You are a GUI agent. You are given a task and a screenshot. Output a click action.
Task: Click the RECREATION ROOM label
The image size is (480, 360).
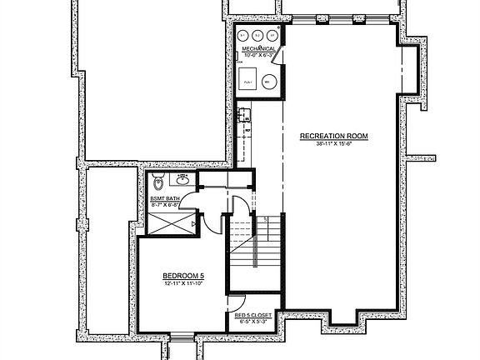pyautogui.click(x=333, y=136)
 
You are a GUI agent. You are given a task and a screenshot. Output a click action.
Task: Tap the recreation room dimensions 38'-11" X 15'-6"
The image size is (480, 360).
pyautogui.click(x=333, y=144)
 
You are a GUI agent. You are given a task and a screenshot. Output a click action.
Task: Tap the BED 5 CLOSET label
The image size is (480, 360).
pyautogui.click(x=254, y=314)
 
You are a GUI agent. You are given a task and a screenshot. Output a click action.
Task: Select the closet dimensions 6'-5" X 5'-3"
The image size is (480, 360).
pyautogui.click(x=254, y=321)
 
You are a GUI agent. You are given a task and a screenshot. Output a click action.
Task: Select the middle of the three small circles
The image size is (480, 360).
pyautogui.click(x=257, y=34)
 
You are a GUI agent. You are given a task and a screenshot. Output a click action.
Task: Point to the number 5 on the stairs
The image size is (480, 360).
pyautogui.click(x=266, y=220)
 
